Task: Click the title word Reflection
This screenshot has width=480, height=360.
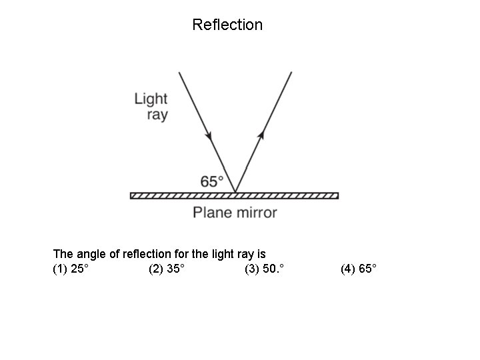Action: tap(227, 25)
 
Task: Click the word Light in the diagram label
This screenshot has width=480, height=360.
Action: tap(151, 99)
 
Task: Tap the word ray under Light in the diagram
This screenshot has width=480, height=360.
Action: tap(157, 115)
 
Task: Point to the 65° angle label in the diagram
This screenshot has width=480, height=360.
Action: tap(212, 181)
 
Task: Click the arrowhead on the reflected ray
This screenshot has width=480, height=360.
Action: tap(261, 135)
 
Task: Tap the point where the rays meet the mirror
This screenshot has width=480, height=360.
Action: tap(235, 192)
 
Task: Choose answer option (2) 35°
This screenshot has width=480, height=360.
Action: tap(167, 269)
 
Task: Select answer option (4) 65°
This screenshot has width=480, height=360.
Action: tap(359, 269)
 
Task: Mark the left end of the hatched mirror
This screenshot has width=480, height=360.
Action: tap(132, 195)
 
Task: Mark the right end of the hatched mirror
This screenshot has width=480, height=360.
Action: tap(337, 195)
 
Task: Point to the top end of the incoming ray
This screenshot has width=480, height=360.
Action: tap(179, 71)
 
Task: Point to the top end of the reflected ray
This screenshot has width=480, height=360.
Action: tap(292, 71)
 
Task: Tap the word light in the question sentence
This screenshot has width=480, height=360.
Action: tap(216, 254)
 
